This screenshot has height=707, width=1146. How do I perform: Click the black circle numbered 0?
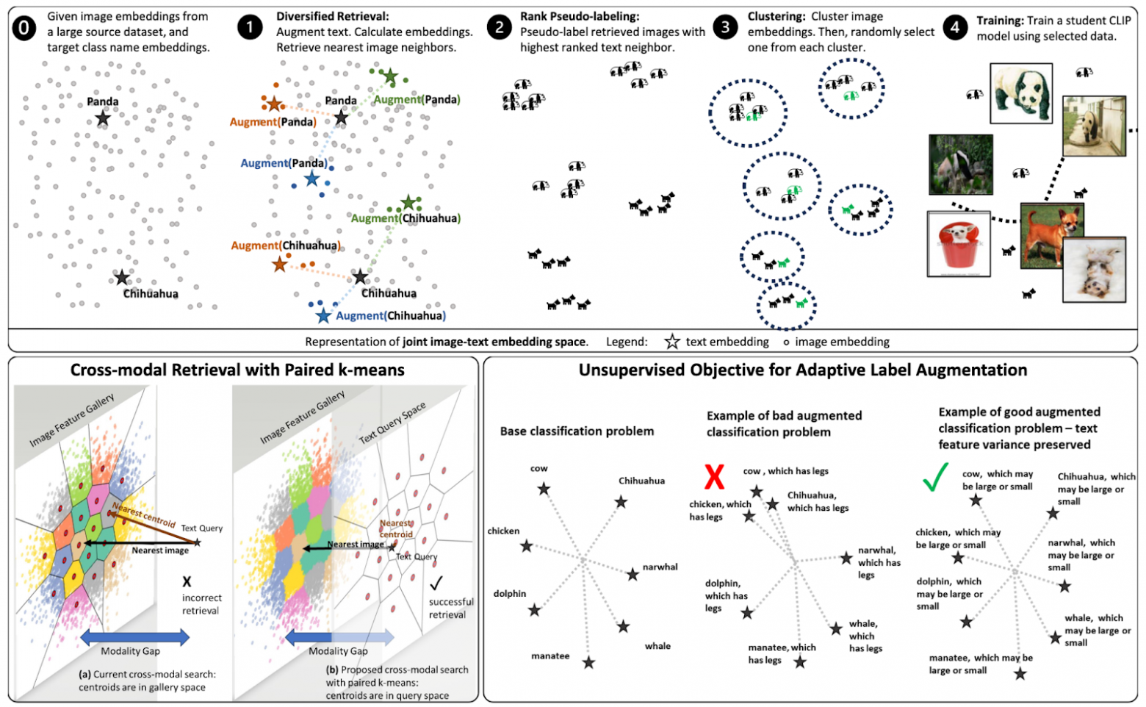tap(24, 29)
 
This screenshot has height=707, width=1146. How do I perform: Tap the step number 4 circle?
tap(954, 29)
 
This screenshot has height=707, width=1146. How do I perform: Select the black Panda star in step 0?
tap(103, 118)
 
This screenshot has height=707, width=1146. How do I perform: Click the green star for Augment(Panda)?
tap(391, 76)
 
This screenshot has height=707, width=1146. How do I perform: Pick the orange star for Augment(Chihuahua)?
tap(280, 265)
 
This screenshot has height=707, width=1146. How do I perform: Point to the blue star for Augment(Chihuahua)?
tap(323, 316)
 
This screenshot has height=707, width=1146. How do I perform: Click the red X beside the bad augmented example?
tap(714, 476)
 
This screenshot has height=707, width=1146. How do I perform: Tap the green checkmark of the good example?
tap(935, 477)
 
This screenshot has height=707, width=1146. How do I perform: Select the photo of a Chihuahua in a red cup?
tap(959, 243)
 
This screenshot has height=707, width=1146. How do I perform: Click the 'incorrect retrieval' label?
tap(201, 604)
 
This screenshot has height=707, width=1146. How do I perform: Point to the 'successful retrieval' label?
tap(451, 608)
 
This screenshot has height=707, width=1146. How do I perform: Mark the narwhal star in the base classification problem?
tap(633, 574)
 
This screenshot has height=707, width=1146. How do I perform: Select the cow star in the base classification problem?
tap(544, 489)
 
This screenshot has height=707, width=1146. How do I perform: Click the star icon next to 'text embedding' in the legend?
tap(672, 342)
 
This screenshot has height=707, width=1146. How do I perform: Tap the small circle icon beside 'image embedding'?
tap(786, 342)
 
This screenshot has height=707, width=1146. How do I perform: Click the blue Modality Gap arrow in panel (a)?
tap(134, 636)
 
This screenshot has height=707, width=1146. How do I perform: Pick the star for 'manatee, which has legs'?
tap(800, 662)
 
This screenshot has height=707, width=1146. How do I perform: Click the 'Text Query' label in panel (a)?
tap(201, 528)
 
